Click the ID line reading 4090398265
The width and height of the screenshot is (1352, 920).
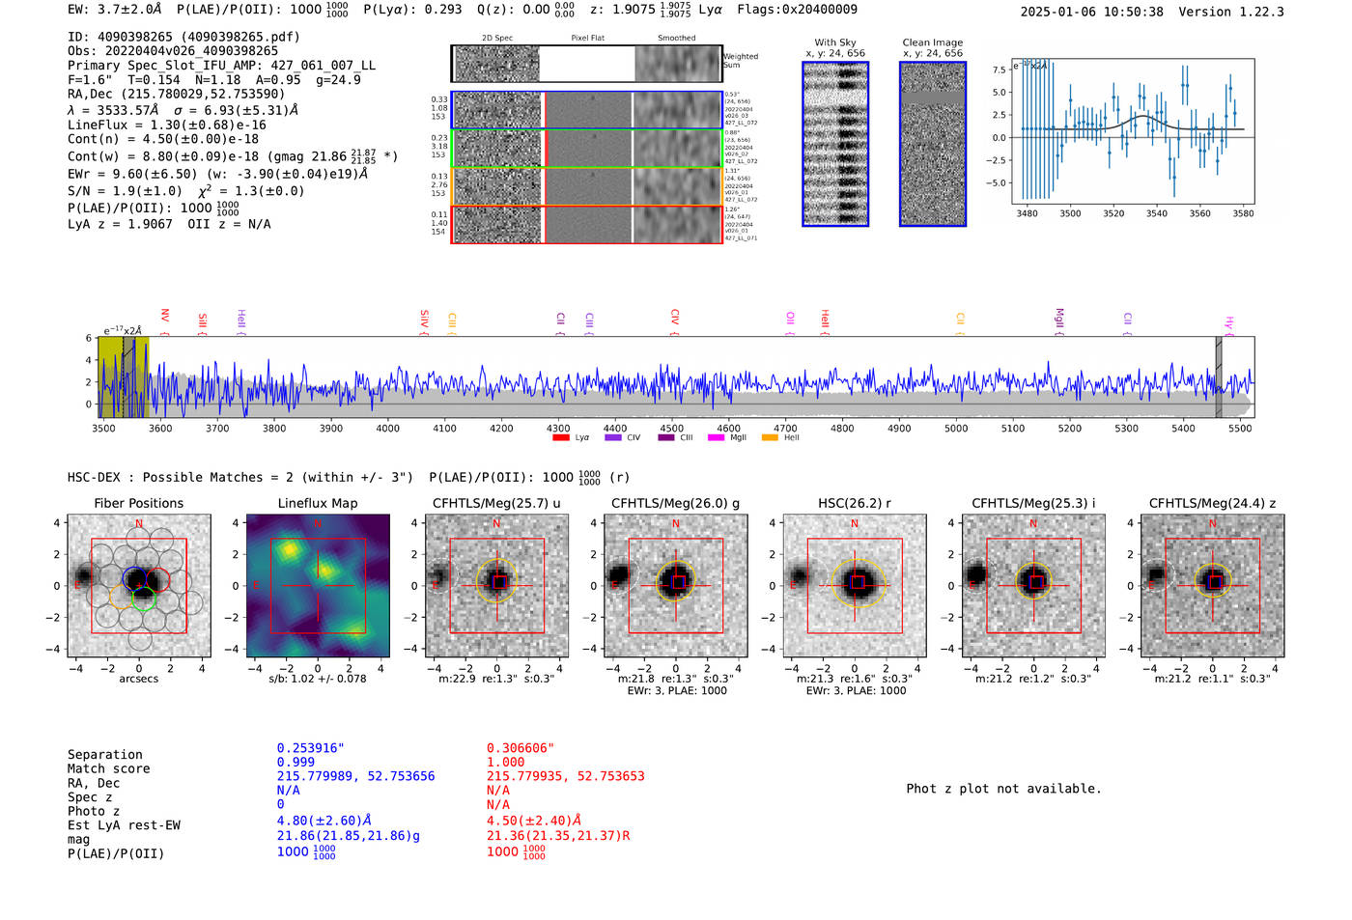click(x=183, y=37)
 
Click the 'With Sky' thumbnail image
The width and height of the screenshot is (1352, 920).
click(x=835, y=144)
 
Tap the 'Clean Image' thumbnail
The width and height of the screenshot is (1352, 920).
click(x=933, y=144)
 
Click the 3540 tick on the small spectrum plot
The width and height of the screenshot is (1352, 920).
click(x=1156, y=213)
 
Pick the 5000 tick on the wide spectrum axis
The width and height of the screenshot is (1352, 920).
click(x=956, y=428)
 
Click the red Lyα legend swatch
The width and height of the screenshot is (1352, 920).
click(x=561, y=438)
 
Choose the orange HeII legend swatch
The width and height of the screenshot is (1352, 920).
click(x=770, y=438)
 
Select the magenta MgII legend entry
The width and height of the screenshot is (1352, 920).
click(x=716, y=438)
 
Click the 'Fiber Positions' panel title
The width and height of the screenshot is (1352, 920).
click(x=138, y=503)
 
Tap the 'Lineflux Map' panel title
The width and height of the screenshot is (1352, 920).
click(x=317, y=503)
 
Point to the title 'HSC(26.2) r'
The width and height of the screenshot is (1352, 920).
click(x=854, y=503)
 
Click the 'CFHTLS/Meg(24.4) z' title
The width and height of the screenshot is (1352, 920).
click(x=1212, y=503)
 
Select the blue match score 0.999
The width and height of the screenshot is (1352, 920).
click(x=296, y=762)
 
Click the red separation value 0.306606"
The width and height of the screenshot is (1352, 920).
click(x=521, y=748)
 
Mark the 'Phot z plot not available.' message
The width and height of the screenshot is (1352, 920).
click(x=1003, y=789)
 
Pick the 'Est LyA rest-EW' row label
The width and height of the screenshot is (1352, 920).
click(x=124, y=825)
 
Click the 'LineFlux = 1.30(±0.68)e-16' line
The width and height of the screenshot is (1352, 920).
click(x=167, y=125)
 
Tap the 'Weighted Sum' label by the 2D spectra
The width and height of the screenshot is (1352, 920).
click(x=741, y=61)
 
